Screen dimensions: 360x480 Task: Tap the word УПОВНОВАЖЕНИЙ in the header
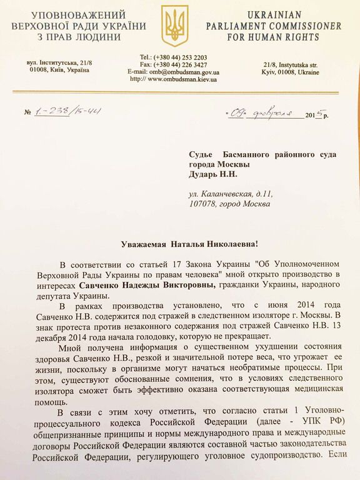[77, 14]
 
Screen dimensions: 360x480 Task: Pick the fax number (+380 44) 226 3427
[181, 64]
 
